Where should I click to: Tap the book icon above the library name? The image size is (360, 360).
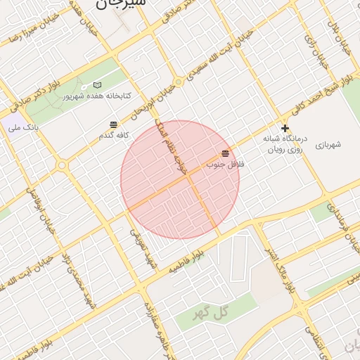tap(97, 85)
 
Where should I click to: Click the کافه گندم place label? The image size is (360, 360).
tap(115, 134)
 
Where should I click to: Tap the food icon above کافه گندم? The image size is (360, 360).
tap(114, 124)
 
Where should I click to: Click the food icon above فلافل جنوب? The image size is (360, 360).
tap(225, 153)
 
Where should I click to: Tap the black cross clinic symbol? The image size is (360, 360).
tap(285, 128)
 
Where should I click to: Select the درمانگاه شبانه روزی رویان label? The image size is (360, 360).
tap(283, 144)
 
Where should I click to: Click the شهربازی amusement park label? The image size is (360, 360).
tap(328, 145)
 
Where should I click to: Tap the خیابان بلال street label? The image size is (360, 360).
tap(333, 29)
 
